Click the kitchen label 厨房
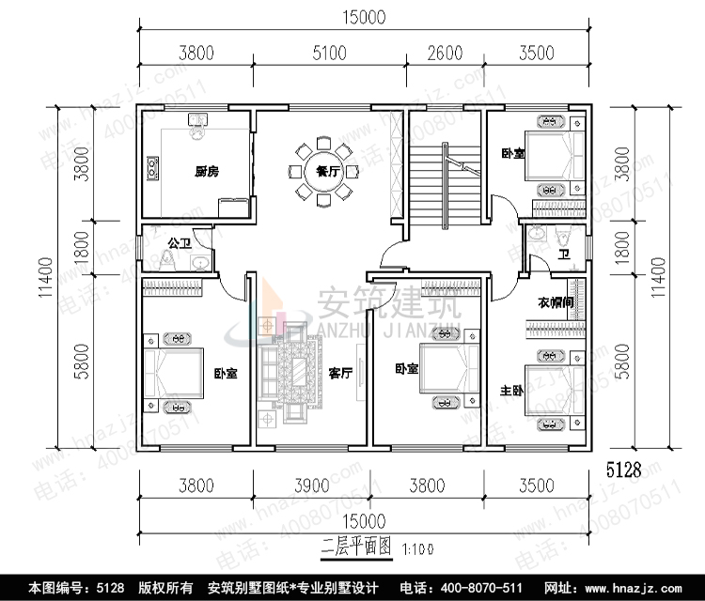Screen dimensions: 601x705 click(207, 172)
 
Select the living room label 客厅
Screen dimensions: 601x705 click(340, 373)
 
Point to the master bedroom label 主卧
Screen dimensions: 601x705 click(512, 389)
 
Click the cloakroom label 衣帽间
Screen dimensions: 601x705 click(556, 303)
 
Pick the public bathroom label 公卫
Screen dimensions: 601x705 click(179, 243)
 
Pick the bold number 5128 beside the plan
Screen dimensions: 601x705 click(623, 470)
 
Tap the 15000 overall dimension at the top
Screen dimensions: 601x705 click(366, 16)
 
